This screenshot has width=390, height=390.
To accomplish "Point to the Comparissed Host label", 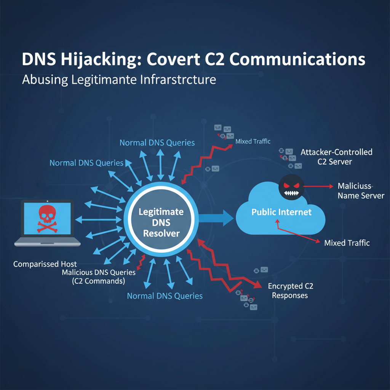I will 45,264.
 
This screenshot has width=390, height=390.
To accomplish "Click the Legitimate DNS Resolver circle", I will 161,222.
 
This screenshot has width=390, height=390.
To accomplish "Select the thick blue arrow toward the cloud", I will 216,218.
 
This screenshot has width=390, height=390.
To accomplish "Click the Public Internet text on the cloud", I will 281,212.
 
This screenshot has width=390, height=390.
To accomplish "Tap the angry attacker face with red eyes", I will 291,187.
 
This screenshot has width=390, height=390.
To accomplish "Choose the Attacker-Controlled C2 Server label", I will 336,157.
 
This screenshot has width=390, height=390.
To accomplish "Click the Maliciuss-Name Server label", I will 361,191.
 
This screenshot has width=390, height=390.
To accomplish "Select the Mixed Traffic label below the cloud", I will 347,243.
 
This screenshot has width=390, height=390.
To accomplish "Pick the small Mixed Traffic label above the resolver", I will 253,141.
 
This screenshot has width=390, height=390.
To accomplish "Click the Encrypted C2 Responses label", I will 290,291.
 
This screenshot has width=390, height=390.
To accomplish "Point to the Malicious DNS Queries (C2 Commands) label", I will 98,277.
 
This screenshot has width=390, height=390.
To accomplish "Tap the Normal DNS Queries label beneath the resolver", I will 165,296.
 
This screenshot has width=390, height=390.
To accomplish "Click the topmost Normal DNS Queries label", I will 157,143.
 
